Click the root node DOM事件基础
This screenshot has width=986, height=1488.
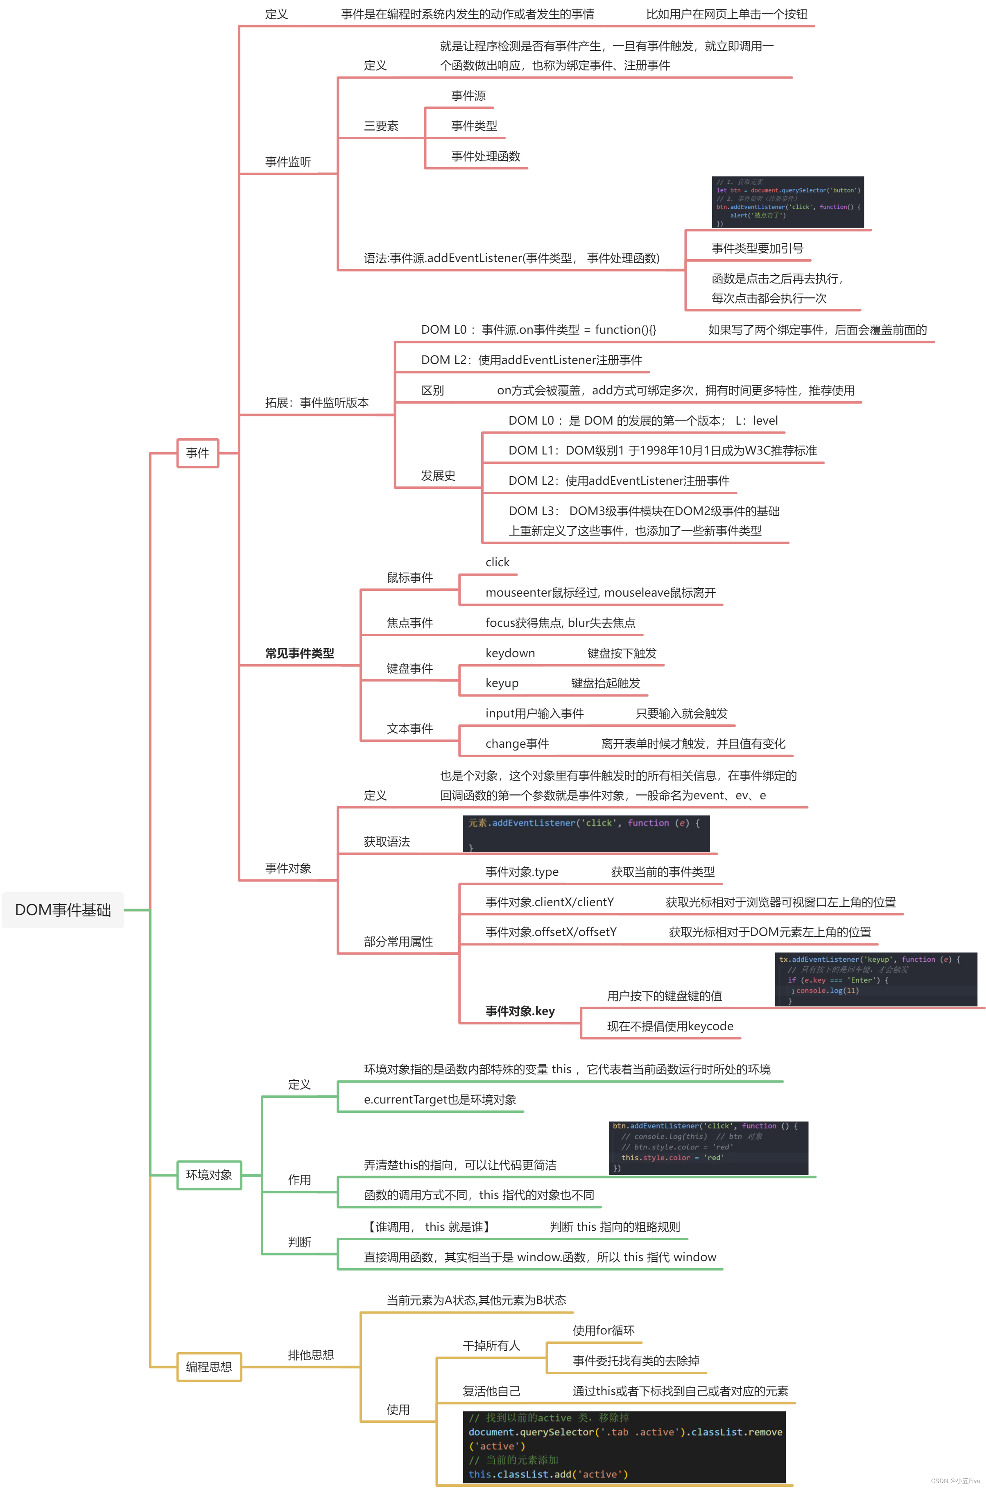[x=63, y=910]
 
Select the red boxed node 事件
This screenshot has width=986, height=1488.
[x=197, y=452]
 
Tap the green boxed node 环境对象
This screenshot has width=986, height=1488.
[x=209, y=1175]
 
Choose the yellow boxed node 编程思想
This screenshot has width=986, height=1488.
[x=209, y=1367]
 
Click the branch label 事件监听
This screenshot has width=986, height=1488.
[x=288, y=162]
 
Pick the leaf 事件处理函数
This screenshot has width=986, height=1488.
[x=486, y=156]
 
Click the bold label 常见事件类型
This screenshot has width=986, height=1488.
[x=299, y=653]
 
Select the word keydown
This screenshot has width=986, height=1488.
[x=510, y=653]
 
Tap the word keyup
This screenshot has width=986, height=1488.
[x=502, y=683]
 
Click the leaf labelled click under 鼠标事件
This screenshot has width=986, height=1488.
[x=498, y=562]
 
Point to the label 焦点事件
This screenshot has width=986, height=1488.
[x=409, y=623]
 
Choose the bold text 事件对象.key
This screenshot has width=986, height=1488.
[x=520, y=1011]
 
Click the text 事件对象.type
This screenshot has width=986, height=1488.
[x=522, y=872]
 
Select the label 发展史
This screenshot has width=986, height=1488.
[x=438, y=475]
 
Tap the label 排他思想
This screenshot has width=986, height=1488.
[x=311, y=1355]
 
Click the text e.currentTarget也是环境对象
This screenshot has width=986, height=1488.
[x=440, y=1099]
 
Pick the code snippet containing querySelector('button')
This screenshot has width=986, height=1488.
[x=787, y=202]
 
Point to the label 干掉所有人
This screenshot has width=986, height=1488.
[x=491, y=1345]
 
